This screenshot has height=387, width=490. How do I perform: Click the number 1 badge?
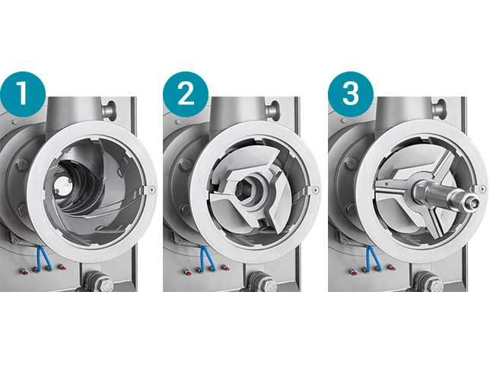coord(23,94)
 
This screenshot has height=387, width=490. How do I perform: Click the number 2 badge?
coord(186,94)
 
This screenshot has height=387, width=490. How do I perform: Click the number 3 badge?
coord(351,94)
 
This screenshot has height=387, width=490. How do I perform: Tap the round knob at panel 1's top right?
coord(110,109)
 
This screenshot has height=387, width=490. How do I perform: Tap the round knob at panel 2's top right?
coord(272,109)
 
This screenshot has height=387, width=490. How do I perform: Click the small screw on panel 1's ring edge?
coord(152,190)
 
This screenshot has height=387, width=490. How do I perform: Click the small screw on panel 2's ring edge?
coord(317,190)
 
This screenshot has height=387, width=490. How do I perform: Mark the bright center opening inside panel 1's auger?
coord(62,186)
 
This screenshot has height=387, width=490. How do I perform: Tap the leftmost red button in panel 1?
coord(24,271)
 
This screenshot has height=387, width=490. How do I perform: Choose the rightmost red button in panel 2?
coord(225,268)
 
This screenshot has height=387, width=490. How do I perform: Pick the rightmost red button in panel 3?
coord(391,268)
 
